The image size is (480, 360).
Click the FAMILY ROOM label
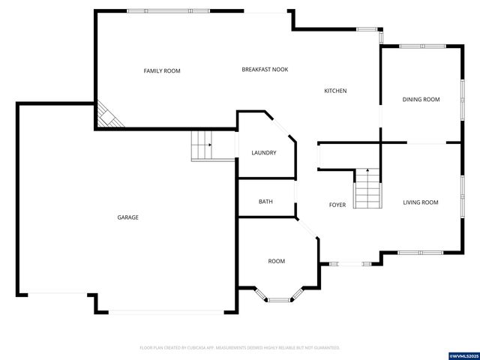click(162, 70)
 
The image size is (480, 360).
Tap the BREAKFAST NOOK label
click(265, 70)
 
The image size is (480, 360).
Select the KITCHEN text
click(335, 91)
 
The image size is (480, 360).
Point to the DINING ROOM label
click(421, 99)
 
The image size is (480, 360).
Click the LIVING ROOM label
click(420, 202)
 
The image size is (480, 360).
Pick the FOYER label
click(337, 205)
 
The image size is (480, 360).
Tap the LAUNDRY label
click(263, 153)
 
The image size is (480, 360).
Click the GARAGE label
click(127, 217)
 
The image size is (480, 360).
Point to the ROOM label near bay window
click(277, 261)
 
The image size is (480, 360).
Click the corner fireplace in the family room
click(107, 116)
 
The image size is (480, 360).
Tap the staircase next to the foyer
click(367, 188)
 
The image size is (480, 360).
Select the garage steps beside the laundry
click(202, 145)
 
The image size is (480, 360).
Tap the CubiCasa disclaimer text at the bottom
click(240, 347)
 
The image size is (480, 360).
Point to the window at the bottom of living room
click(420, 252)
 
